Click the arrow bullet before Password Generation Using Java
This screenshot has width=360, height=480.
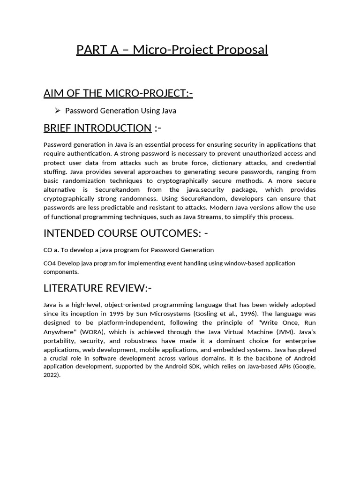point(58,111)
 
